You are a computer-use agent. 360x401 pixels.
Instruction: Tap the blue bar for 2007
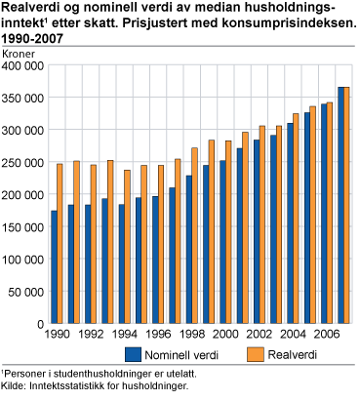340,205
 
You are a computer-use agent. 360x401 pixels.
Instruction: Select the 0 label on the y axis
40,323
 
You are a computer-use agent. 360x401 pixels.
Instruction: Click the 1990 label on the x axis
58,334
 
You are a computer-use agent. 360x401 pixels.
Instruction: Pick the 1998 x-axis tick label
191,334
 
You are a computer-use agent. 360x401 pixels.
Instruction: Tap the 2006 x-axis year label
326,334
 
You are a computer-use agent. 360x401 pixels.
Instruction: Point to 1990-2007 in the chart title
24,39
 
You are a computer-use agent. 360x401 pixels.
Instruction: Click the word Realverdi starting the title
24,8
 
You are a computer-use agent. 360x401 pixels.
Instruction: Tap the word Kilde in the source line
13,387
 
